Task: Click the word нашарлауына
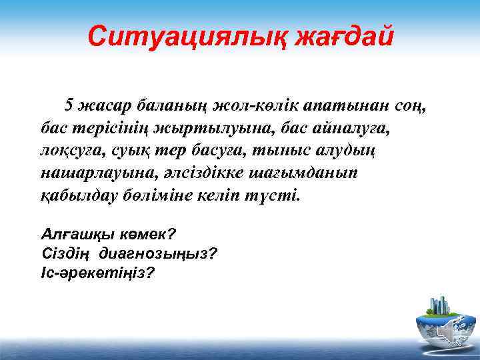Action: [x=89, y=173]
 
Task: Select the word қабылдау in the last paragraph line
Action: [x=79, y=197]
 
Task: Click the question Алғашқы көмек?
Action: [x=108, y=235]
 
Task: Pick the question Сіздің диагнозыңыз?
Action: [x=129, y=253]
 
